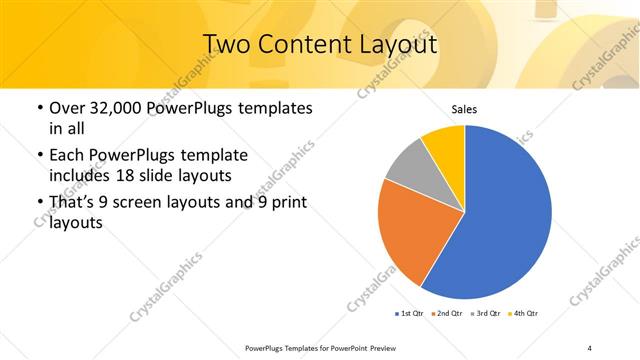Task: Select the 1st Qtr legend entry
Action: [x=408, y=314]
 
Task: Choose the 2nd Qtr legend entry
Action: [x=446, y=314]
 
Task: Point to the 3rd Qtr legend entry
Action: [x=485, y=314]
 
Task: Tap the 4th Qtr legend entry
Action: [x=523, y=314]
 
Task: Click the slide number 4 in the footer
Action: [x=589, y=347]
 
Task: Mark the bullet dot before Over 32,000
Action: [x=39, y=108]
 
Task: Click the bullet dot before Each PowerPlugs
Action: [x=39, y=156]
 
